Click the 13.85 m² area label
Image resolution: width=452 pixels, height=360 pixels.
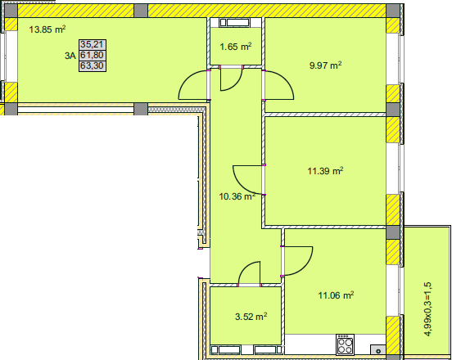click(x=47, y=29)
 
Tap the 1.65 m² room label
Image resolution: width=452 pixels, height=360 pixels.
click(x=236, y=47)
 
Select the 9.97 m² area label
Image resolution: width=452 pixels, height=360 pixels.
click(x=325, y=65)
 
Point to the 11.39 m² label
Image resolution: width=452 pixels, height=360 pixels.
click(x=325, y=171)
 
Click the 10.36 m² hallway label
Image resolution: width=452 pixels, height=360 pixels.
click(x=237, y=196)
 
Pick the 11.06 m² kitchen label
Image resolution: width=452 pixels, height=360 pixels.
click(x=336, y=295)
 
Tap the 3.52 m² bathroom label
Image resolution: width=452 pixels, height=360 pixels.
click(x=251, y=317)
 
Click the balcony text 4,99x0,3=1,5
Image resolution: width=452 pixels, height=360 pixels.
click(x=428, y=309)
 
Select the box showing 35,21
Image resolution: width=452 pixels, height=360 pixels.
click(x=93, y=45)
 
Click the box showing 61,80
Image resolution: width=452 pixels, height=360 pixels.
click(x=93, y=55)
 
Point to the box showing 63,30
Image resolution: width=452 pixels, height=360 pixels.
click(x=93, y=66)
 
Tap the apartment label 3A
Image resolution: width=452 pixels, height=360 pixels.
click(x=70, y=56)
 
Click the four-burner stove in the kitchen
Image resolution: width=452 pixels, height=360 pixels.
click(x=345, y=344)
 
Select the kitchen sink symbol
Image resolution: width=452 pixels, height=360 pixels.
click(x=378, y=350)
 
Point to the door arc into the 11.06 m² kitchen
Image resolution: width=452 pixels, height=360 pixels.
click(x=305, y=267)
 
